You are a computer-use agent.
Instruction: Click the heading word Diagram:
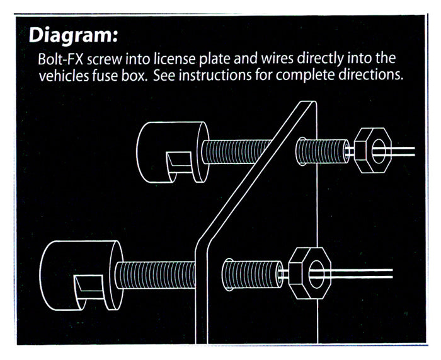[x=73, y=36]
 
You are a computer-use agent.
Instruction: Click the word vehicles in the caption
[x=64, y=76]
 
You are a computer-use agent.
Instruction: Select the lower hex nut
[x=310, y=273]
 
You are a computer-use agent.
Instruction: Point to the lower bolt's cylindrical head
[x=81, y=276]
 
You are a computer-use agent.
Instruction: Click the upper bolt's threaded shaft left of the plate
[x=236, y=151]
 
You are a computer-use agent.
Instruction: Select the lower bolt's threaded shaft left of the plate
[x=155, y=275]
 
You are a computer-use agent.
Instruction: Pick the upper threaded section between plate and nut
[x=323, y=151]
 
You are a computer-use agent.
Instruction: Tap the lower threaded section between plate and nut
[x=252, y=274]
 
